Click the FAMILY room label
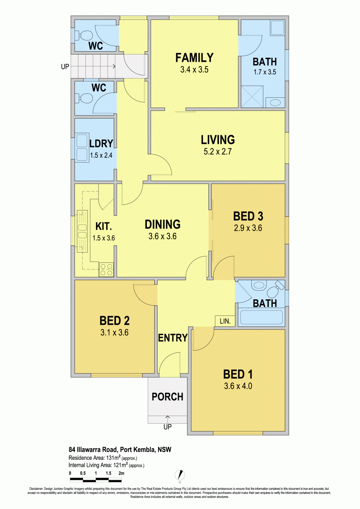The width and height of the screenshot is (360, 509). pos(194,58)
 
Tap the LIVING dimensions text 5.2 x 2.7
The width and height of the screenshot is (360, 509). pos(218,151)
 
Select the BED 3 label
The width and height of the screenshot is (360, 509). pos(248,216)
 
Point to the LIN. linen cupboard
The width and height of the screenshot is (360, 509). pos(225,321)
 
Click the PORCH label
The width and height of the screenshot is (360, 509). pos(167,397)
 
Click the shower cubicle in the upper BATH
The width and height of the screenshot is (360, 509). pos(252,97)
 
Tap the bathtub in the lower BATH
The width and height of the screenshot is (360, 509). pos(261,317)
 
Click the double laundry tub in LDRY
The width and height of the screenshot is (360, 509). pos(82,148)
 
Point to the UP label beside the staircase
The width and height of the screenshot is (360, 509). pos(65,67)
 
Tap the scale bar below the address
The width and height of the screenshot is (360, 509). pos(96,480)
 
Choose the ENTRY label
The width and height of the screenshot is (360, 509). pos(173,338)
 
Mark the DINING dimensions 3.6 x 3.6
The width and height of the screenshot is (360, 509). pos(162,236)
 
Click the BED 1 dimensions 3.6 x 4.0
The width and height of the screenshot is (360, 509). pos(238,386)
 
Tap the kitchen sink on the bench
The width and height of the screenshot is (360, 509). pos(82,231)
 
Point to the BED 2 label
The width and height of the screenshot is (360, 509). pos(114,321)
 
